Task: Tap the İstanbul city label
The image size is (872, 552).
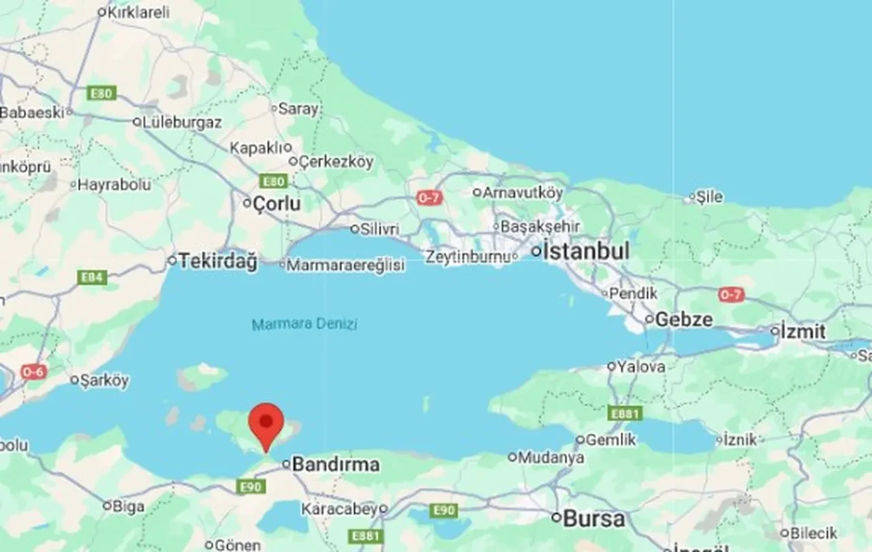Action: tap(586, 251)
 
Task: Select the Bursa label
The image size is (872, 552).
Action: tap(593, 519)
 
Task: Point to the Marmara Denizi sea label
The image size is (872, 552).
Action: tap(305, 324)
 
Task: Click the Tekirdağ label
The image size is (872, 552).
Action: tap(219, 261)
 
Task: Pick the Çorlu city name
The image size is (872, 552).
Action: tap(277, 203)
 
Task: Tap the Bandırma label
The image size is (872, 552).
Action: tap(335, 465)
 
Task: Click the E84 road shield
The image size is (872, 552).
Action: tap(92, 277)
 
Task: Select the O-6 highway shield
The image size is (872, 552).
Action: tap(33, 372)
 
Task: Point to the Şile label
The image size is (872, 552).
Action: tap(709, 197)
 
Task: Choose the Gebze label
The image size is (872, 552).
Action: tap(684, 319)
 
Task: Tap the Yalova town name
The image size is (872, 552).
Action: tap(641, 366)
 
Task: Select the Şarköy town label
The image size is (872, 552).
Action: tap(104, 380)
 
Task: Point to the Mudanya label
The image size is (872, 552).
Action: tap(551, 457)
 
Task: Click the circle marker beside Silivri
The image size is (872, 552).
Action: tap(354, 229)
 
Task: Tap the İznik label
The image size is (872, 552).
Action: tap(740, 440)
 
